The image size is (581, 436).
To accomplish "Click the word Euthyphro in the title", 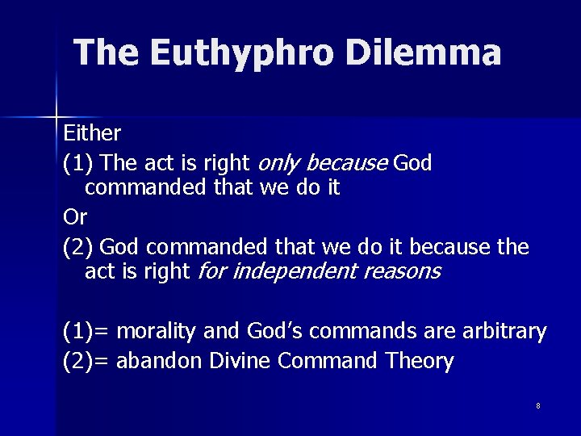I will [241, 53].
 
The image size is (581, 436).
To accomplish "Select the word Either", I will [92, 132].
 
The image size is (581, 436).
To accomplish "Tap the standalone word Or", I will [74, 217].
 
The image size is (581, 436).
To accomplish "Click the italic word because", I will [347, 164].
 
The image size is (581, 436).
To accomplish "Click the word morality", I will [157, 332].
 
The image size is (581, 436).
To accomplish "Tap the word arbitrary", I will [505, 332].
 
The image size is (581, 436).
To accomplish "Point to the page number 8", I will [537, 405].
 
